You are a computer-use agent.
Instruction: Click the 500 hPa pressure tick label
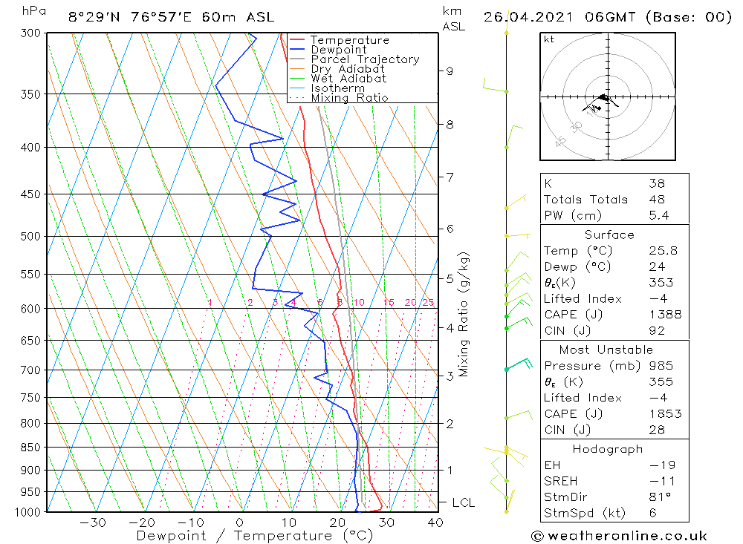pyautogui.click(x=31, y=236)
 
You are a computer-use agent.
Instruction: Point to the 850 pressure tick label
pyautogui.click(x=31, y=448)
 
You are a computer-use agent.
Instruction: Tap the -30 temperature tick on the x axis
pyautogui.click(x=94, y=522)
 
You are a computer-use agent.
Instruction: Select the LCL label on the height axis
pyautogui.click(x=463, y=502)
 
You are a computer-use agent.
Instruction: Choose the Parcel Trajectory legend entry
pyautogui.click(x=365, y=59)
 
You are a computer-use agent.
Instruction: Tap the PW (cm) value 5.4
pyautogui.click(x=658, y=215)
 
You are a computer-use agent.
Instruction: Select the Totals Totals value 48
pyautogui.click(x=656, y=199)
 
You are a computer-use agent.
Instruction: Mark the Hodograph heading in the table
pyautogui.click(x=608, y=449)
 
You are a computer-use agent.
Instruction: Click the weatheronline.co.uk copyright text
pyautogui.click(x=619, y=536)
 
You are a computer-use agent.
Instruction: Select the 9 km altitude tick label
pyautogui.click(x=450, y=71)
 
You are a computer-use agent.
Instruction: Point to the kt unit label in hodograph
pyautogui.click(x=548, y=39)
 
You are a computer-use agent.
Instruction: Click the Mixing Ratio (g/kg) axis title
pyautogui.click(x=464, y=314)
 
